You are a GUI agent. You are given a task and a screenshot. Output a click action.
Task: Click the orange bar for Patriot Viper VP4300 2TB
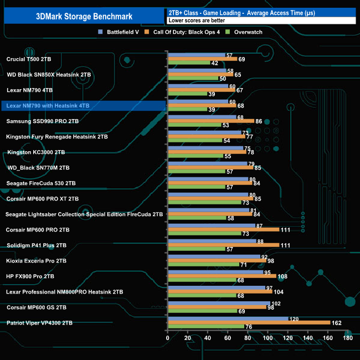pyautogui.click(x=249, y=322)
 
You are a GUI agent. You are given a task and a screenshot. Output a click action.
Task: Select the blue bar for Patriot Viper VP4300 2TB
pyautogui.click(x=228, y=319)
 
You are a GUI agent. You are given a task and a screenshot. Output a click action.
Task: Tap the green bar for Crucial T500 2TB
pyautogui.click(x=188, y=63)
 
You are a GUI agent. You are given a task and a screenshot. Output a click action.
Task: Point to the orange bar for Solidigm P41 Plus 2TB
pyautogui.click(x=223, y=245)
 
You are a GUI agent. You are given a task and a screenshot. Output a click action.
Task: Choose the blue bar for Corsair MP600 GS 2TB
pyautogui.click(x=219, y=304)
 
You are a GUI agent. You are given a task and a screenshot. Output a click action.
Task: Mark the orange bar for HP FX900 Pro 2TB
pyautogui.click(x=222, y=276)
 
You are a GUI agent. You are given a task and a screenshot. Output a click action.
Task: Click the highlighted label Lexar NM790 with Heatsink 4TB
pyautogui.click(x=47, y=105)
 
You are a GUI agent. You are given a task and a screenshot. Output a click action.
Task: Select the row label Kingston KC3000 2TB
pyautogui.click(x=35, y=152)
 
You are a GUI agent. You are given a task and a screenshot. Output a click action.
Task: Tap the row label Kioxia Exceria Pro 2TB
pyautogui.click(x=37, y=260)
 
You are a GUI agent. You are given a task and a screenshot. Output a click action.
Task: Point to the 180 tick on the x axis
pyautogui.click(x=348, y=338)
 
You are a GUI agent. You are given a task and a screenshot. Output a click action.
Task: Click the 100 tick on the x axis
pyautogui.click(x=268, y=338)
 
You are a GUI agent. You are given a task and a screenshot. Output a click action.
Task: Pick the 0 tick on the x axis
pyautogui.click(x=168, y=338)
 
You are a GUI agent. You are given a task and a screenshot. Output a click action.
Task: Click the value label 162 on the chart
pyautogui.click(x=336, y=322)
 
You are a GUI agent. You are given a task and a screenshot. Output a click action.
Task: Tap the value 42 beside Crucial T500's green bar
pyautogui.click(x=214, y=63)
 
